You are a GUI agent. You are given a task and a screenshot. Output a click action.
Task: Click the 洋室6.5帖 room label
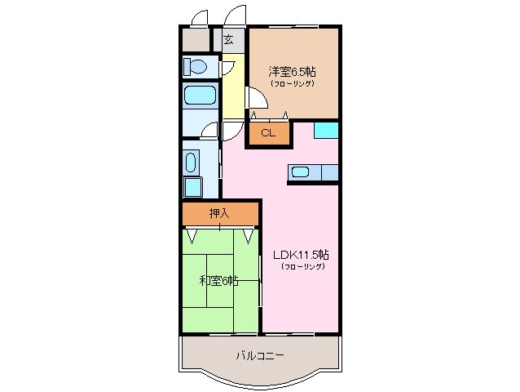[293, 70]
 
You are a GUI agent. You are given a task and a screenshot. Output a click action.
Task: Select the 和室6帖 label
[218, 281]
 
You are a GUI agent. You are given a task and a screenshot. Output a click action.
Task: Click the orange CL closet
[269, 134]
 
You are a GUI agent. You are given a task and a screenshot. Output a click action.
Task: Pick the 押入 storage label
[219, 214]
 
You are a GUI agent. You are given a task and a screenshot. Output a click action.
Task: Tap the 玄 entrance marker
[229, 39]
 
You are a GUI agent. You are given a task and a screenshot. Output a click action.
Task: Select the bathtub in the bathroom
[199, 96]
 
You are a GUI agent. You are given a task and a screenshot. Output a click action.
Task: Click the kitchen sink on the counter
[300, 172]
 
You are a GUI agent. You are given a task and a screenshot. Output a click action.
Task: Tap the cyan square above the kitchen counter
[326, 129]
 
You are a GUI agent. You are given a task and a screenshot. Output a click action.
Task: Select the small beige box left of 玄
[196, 39]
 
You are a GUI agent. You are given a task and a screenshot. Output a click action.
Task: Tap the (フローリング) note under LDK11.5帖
[302, 266]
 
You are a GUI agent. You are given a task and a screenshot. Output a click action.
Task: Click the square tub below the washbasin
[193, 187]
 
